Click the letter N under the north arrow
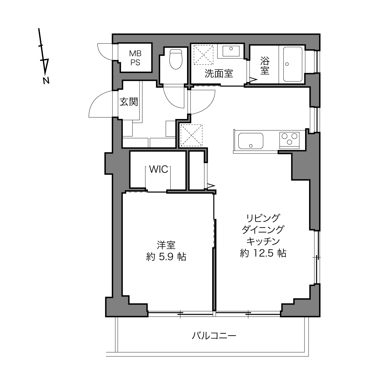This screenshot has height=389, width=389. tap(46, 80)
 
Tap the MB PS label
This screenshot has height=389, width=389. tap(135, 58)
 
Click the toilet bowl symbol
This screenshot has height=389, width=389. tap(176, 59)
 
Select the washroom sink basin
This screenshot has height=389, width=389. tap(231, 51)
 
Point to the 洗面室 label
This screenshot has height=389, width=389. tap(219, 73)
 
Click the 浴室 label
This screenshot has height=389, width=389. tap(265, 66)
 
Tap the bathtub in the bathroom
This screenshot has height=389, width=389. tap(293, 64)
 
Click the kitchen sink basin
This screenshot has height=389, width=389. tap(251, 141)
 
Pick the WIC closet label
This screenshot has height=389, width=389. tap(158, 169)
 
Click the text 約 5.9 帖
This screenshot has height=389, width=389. tap(166, 257)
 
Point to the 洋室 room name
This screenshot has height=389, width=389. tap(166, 245)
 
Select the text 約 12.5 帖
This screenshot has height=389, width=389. tap(263, 253)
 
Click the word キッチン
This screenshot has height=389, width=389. tap(263, 241)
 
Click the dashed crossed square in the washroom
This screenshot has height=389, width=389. tap(204, 55)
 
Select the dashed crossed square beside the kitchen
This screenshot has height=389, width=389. tap(191, 135)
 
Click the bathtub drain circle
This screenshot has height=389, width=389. tap(287, 64)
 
